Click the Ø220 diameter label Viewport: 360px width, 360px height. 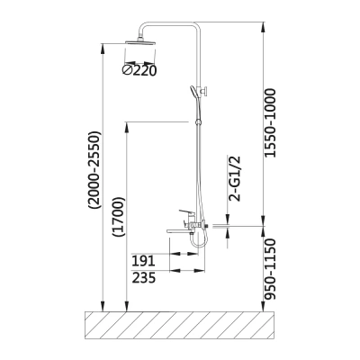(x=139, y=70)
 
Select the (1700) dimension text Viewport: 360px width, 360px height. (x=117, y=217)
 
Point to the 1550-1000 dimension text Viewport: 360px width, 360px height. (x=269, y=122)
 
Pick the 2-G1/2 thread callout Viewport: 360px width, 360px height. (x=235, y=178)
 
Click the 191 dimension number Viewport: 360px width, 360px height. (x=143, y=261)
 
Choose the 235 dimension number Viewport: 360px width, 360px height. (x=144, y=278)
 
